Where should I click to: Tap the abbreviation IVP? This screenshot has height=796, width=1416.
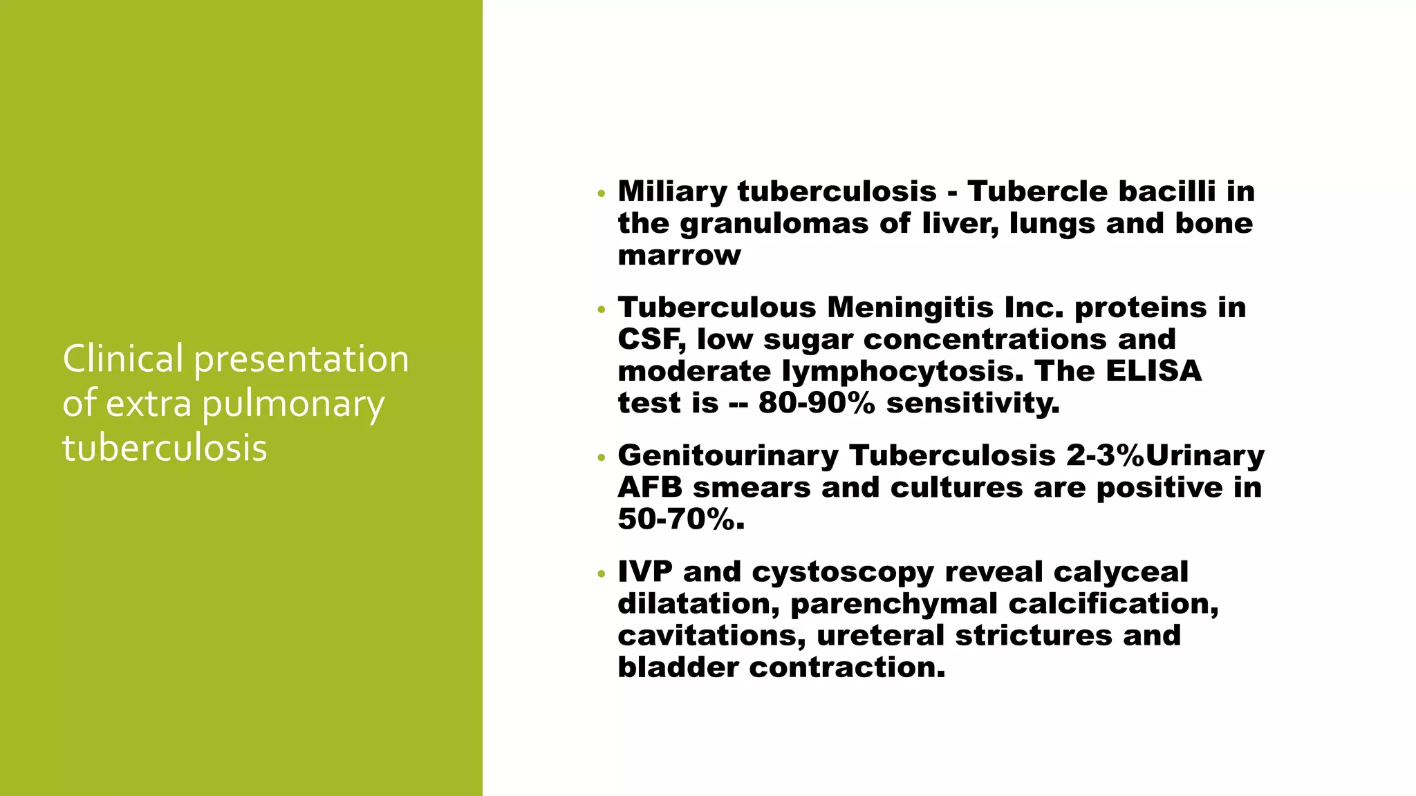tap(644, 572)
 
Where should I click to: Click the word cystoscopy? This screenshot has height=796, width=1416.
tap(842, 572)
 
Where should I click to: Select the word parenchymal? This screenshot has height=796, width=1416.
tap(893, 604)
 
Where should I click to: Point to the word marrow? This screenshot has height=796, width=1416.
tap(679, 256)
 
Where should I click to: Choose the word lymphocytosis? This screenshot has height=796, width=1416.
tap(902, 371)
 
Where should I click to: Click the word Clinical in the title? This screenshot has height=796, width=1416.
tap(123, 359)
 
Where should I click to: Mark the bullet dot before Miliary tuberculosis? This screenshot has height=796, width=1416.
tap(602, 193)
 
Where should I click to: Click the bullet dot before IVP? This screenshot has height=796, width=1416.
tap(602, 574)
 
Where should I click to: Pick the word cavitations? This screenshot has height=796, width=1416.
tap(710, 636)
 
